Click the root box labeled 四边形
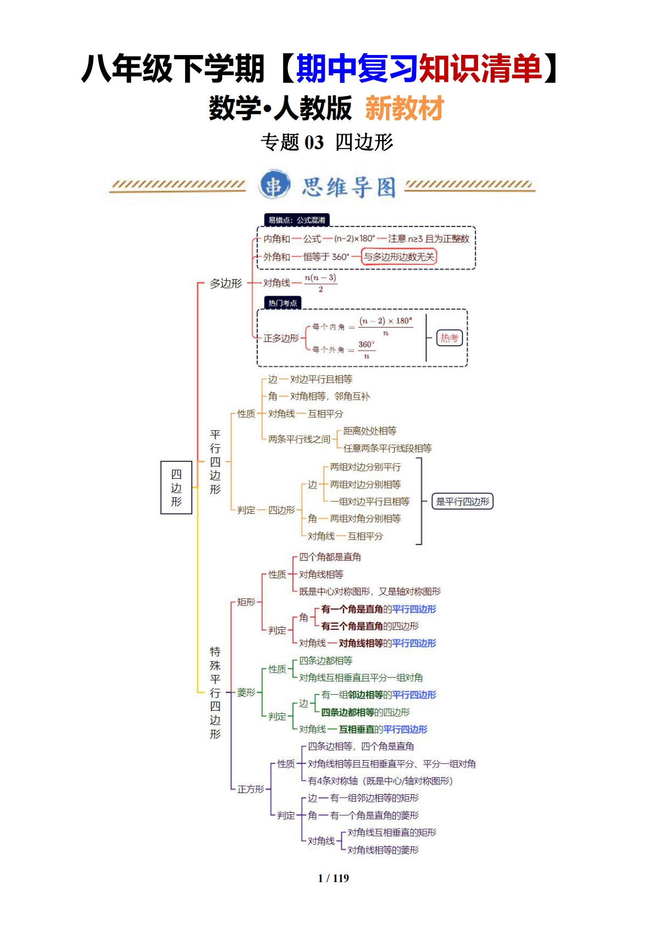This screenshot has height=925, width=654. pos(176,488)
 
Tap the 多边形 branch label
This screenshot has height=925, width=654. pos(225,284)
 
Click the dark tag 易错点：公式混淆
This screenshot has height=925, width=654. pos(296,220)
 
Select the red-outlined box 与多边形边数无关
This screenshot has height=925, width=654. pos(399,257)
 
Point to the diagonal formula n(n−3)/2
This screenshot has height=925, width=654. pos(320,283)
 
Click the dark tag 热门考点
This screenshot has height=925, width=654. pos(282,303)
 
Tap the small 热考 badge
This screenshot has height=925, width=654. pos(449,338)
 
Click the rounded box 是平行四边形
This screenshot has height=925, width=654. pos(462,501)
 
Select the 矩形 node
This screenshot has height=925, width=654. pos(246,602)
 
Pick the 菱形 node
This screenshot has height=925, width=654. pos(246,693)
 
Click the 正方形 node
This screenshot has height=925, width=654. pos(251,789)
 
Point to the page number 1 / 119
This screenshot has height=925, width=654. pos(333,878)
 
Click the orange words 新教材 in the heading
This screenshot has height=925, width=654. pos(404,108)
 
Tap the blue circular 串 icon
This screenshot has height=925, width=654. pos(274,186)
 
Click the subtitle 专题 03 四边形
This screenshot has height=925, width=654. pos(327,142)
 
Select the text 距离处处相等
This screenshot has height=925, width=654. pos(370,431)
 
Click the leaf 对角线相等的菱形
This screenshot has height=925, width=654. pos(383,850)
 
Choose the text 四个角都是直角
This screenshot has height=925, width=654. pos(330,557)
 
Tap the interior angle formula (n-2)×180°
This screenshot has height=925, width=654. pos(354,239)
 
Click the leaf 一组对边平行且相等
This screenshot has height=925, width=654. pos(370,501)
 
